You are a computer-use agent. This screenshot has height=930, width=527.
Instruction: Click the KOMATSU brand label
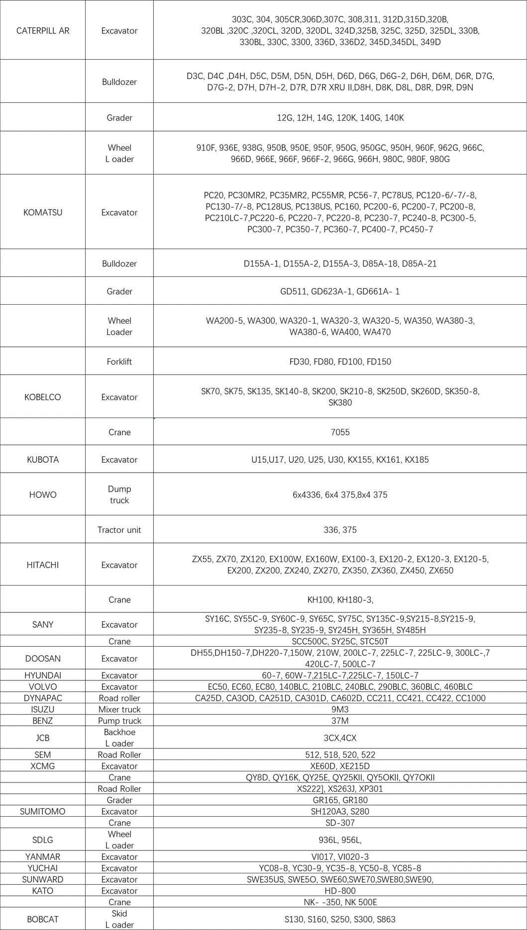click(43, 212)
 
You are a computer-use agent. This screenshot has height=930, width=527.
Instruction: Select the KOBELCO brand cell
click(43, 397)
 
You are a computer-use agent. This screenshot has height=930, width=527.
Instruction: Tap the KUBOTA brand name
click(43, 460)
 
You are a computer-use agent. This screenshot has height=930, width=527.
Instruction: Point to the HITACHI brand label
click(43, 565)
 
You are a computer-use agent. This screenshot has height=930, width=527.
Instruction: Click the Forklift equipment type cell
click(119, 361)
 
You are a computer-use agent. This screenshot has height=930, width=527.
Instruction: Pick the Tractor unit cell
click(119, 530)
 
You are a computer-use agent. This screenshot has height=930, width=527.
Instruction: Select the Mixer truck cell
click(119, 709)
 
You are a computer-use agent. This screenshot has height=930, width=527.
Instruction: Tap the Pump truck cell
click(119, 721)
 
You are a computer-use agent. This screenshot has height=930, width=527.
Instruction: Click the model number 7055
click(340, 432)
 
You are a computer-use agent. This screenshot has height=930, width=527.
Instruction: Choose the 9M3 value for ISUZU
click(340, 709)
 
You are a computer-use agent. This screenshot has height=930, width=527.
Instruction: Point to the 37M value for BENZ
click(340, 721)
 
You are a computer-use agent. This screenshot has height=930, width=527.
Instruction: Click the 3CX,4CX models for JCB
click(340, 738)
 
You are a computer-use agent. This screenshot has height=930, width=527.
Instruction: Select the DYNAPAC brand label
click(43, 698)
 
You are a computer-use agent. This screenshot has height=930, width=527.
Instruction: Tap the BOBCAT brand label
click(43, 919)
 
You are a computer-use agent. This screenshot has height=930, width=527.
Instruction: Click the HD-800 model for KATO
click(340, 891)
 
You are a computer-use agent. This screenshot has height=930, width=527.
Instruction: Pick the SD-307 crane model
click(340, 823)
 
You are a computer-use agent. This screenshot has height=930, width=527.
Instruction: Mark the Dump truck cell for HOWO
click(119, 495)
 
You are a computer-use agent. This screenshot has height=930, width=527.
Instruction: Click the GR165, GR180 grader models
click(340, 800)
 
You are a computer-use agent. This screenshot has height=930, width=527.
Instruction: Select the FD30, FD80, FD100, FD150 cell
click(340, 361)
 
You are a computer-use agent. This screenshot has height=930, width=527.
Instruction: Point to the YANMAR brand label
click(43, 856)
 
